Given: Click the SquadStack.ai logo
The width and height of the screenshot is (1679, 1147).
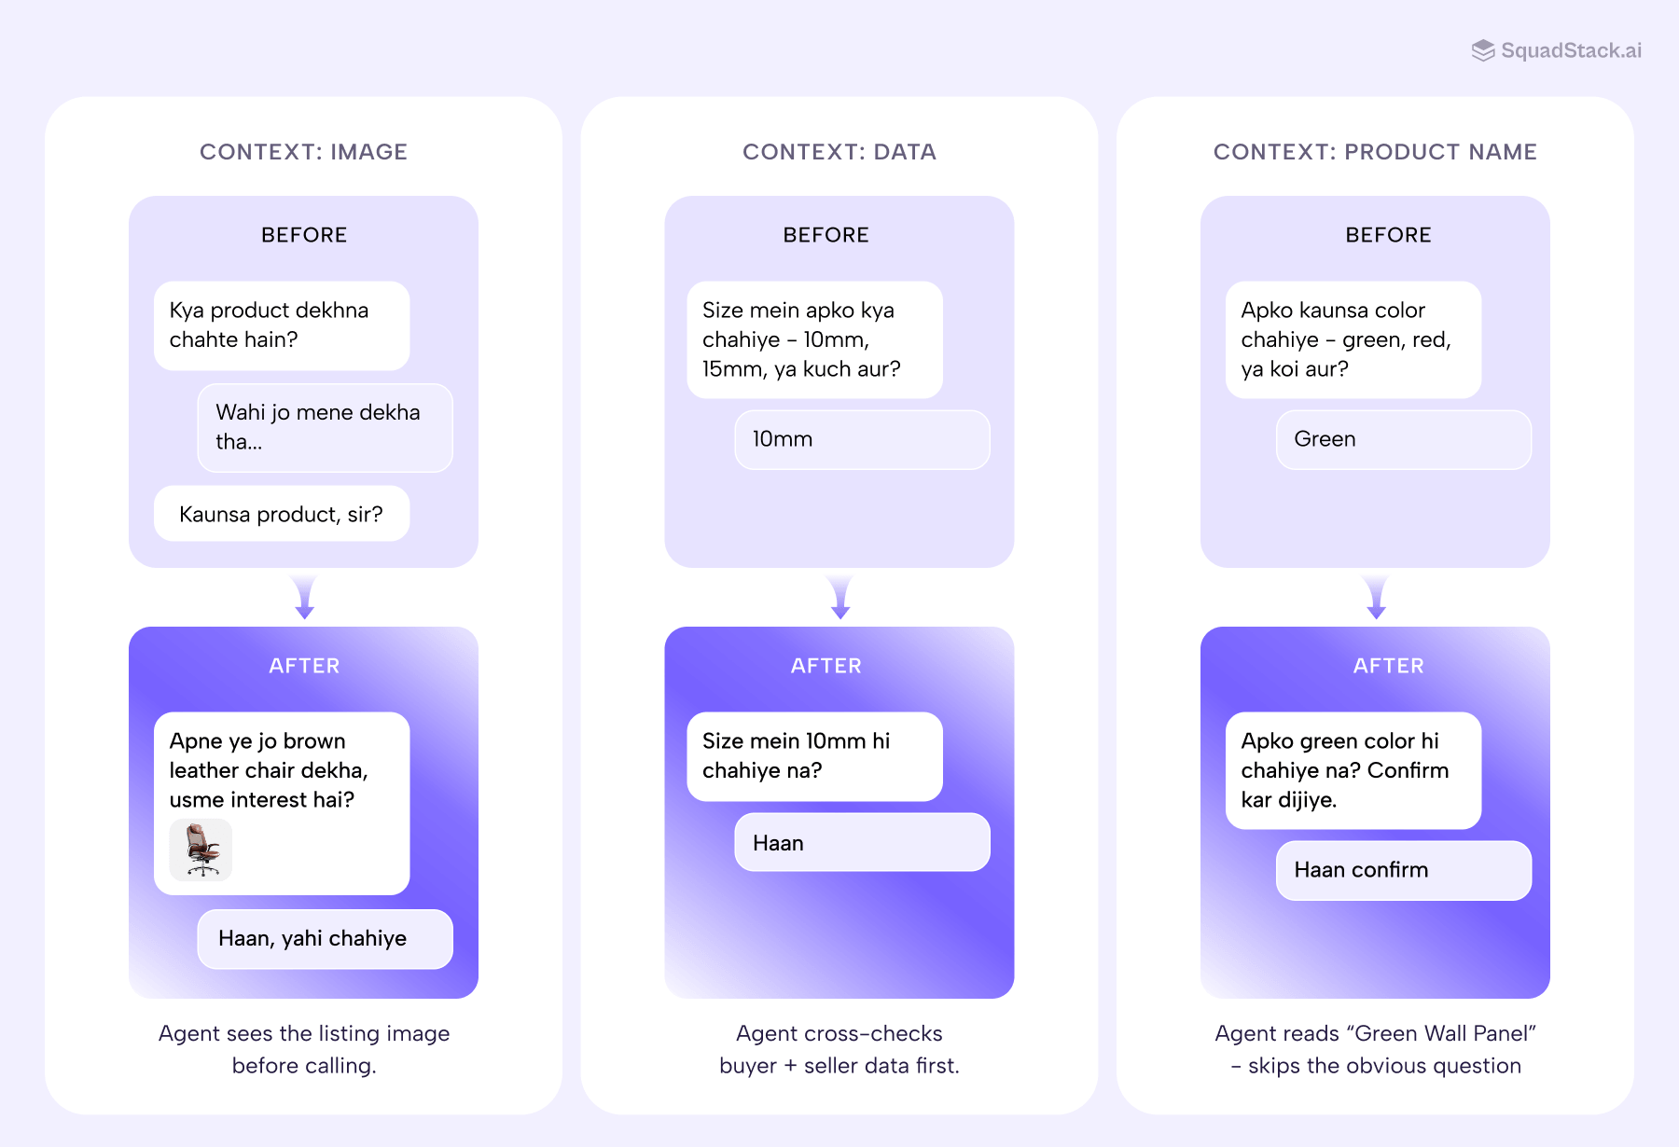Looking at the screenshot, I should click(x=1556, y=50).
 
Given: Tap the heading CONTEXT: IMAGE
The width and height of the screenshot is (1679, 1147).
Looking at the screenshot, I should click(x=303, y=152).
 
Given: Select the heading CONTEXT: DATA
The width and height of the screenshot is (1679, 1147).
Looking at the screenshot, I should click(x=839, y=152).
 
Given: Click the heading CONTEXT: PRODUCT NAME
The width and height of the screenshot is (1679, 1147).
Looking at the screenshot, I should click(x=1374, y=152).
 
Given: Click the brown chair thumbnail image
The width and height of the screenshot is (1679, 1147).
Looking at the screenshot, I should click(x=201, y=850).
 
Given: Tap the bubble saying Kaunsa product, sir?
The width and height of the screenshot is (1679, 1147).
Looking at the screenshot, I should click(x=281, y=514).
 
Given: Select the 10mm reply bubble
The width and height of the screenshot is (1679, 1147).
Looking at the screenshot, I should click(x=861, y=439).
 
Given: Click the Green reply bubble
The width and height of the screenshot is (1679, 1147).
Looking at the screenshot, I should click(x=1402, y=439).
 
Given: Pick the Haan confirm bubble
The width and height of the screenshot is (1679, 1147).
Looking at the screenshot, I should click(x=1402, y=870).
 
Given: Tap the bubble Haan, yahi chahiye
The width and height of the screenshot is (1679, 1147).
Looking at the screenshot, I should click(x=325, y=938).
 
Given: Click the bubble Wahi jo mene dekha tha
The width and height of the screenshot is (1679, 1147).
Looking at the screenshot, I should click(x=325, y=427).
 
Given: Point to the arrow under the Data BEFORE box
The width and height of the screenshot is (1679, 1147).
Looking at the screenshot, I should click(x=839, y=598).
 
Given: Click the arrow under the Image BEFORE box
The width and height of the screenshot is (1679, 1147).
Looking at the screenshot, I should click(x=304, y=598).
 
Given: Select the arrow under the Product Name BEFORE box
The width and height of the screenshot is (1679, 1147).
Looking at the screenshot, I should click(x=1375, y=598).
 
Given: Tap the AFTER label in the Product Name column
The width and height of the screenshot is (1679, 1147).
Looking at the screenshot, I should click(x=1388, y=666).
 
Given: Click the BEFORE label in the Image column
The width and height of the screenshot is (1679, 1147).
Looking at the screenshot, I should click(x=304, y=235).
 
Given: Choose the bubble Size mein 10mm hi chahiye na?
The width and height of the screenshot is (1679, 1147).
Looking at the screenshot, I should click(x=814, y=755).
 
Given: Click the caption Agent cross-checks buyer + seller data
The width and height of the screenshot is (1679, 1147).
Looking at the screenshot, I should click(x=839, y=1049).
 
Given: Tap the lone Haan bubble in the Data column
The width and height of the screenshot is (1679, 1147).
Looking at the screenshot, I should click(x=861, y=843).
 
